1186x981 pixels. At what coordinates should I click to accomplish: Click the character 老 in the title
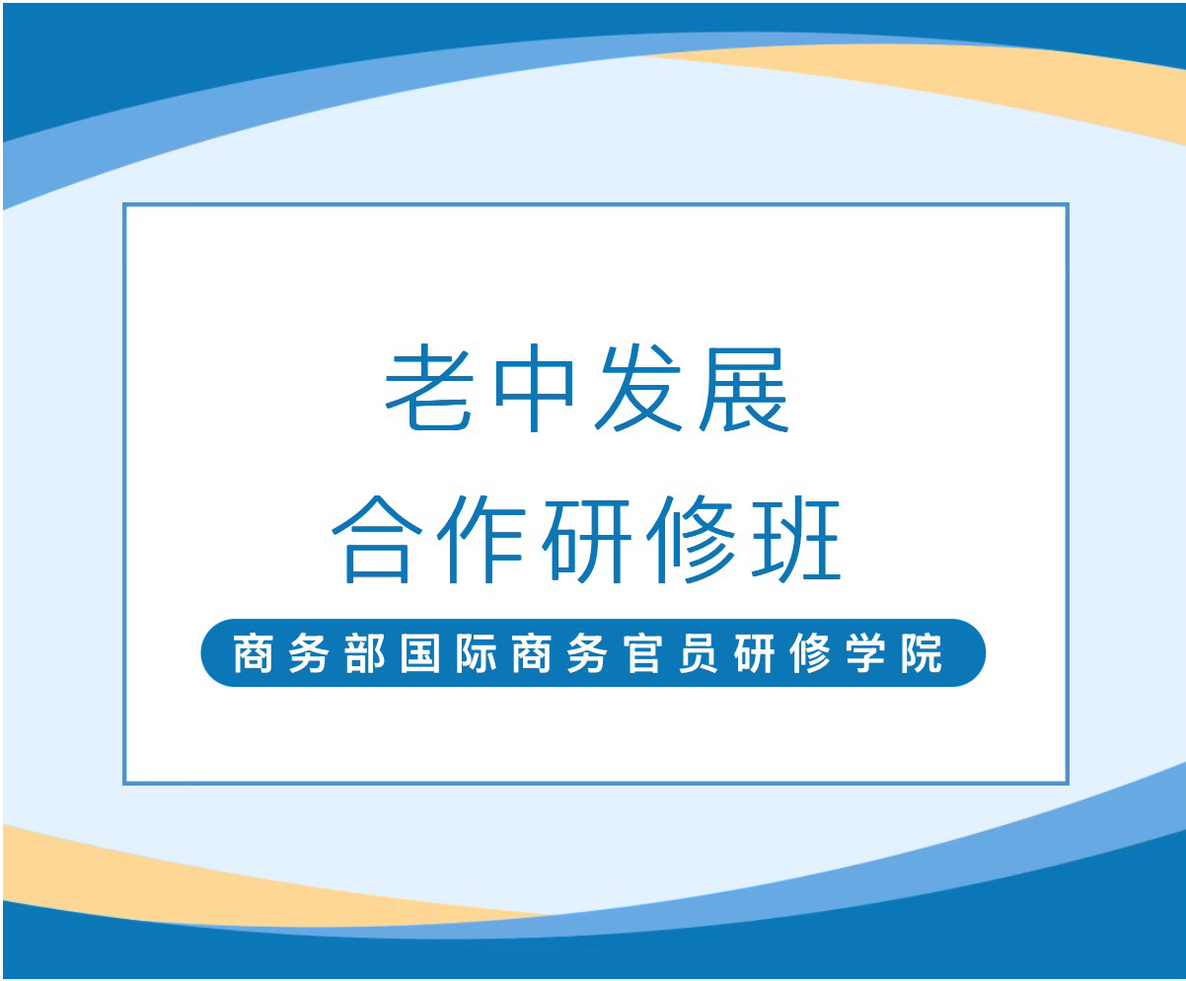[429, 389]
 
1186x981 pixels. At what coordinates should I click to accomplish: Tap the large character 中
[534, 389]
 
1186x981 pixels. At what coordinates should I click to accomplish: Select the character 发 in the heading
[637, 389]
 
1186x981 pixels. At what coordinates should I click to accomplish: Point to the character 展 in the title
[744, 389]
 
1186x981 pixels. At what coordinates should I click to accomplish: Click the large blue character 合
[377, 539]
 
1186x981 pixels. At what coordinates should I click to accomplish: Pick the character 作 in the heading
[482, 539]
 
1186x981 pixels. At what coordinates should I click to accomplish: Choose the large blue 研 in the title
[586, 539]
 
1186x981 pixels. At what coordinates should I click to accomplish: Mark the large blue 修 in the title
[691, 539]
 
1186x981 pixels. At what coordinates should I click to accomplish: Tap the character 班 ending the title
[796, 539]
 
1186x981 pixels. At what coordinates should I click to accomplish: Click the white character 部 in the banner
[365, 654]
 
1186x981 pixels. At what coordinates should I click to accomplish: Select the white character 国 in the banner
[420, 654]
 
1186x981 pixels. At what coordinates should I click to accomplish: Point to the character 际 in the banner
[476, 654]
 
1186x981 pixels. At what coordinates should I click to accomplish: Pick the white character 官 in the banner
[643, 654]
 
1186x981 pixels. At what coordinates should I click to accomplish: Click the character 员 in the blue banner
[699, 654]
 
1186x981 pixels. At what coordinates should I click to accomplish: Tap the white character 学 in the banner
[865, 654]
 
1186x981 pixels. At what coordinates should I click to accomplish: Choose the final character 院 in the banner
[922, 654]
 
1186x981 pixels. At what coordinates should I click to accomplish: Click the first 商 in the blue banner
[254, 654]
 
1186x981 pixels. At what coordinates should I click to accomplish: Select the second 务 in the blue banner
[587, 654]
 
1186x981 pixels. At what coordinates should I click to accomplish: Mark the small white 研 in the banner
[754, 654]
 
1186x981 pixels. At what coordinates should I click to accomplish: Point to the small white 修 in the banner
[810, 654]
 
